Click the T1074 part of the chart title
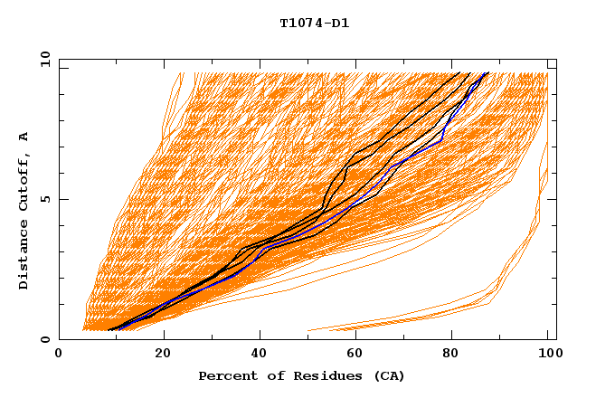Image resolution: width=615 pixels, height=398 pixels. [302, 24]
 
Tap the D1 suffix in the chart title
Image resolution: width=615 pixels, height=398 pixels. [339, 24]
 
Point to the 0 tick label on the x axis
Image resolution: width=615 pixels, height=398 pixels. [59, 355]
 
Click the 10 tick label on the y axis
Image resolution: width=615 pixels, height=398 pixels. [44, 59]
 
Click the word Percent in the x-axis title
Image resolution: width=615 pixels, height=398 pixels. [224, 375]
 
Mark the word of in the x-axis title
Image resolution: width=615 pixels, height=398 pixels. [270, 375]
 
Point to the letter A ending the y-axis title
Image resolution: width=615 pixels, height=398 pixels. [24, 137]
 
